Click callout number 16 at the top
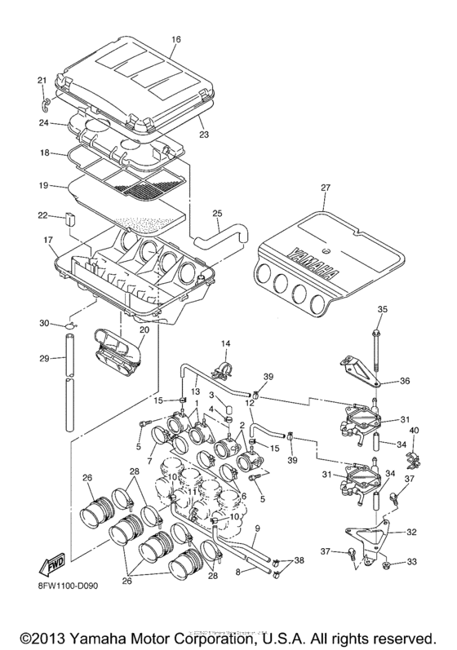coord(175,38)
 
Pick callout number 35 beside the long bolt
coord(380,309)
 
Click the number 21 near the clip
coord(42,79)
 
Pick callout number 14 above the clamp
coord(226,344)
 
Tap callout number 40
coord(414,431)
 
